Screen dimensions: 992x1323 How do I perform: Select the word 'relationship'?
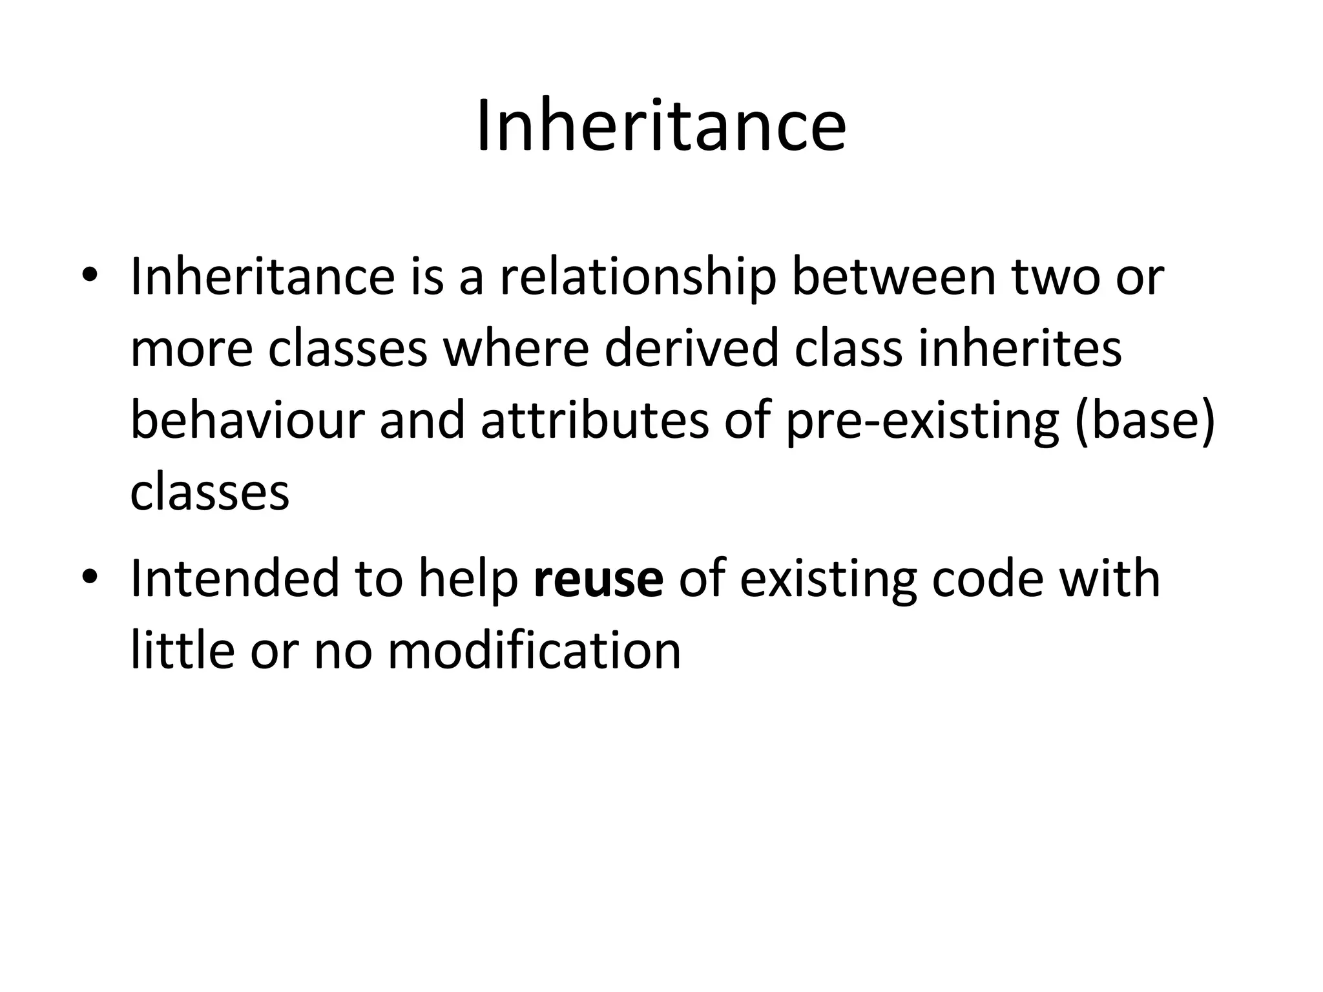638,278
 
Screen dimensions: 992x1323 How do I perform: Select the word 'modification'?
534,650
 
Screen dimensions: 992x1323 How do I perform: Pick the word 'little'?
182,650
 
